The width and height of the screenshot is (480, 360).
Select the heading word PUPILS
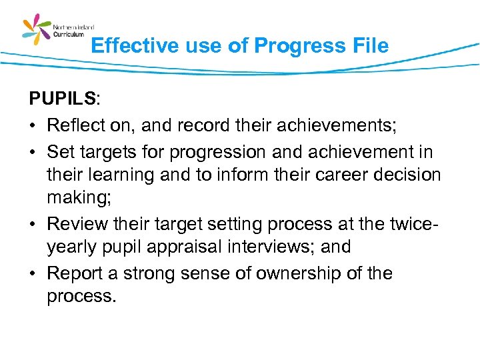pos(62,99)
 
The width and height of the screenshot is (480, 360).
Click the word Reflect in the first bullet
pos(76,125)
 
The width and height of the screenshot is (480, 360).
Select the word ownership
pos(291,273)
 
